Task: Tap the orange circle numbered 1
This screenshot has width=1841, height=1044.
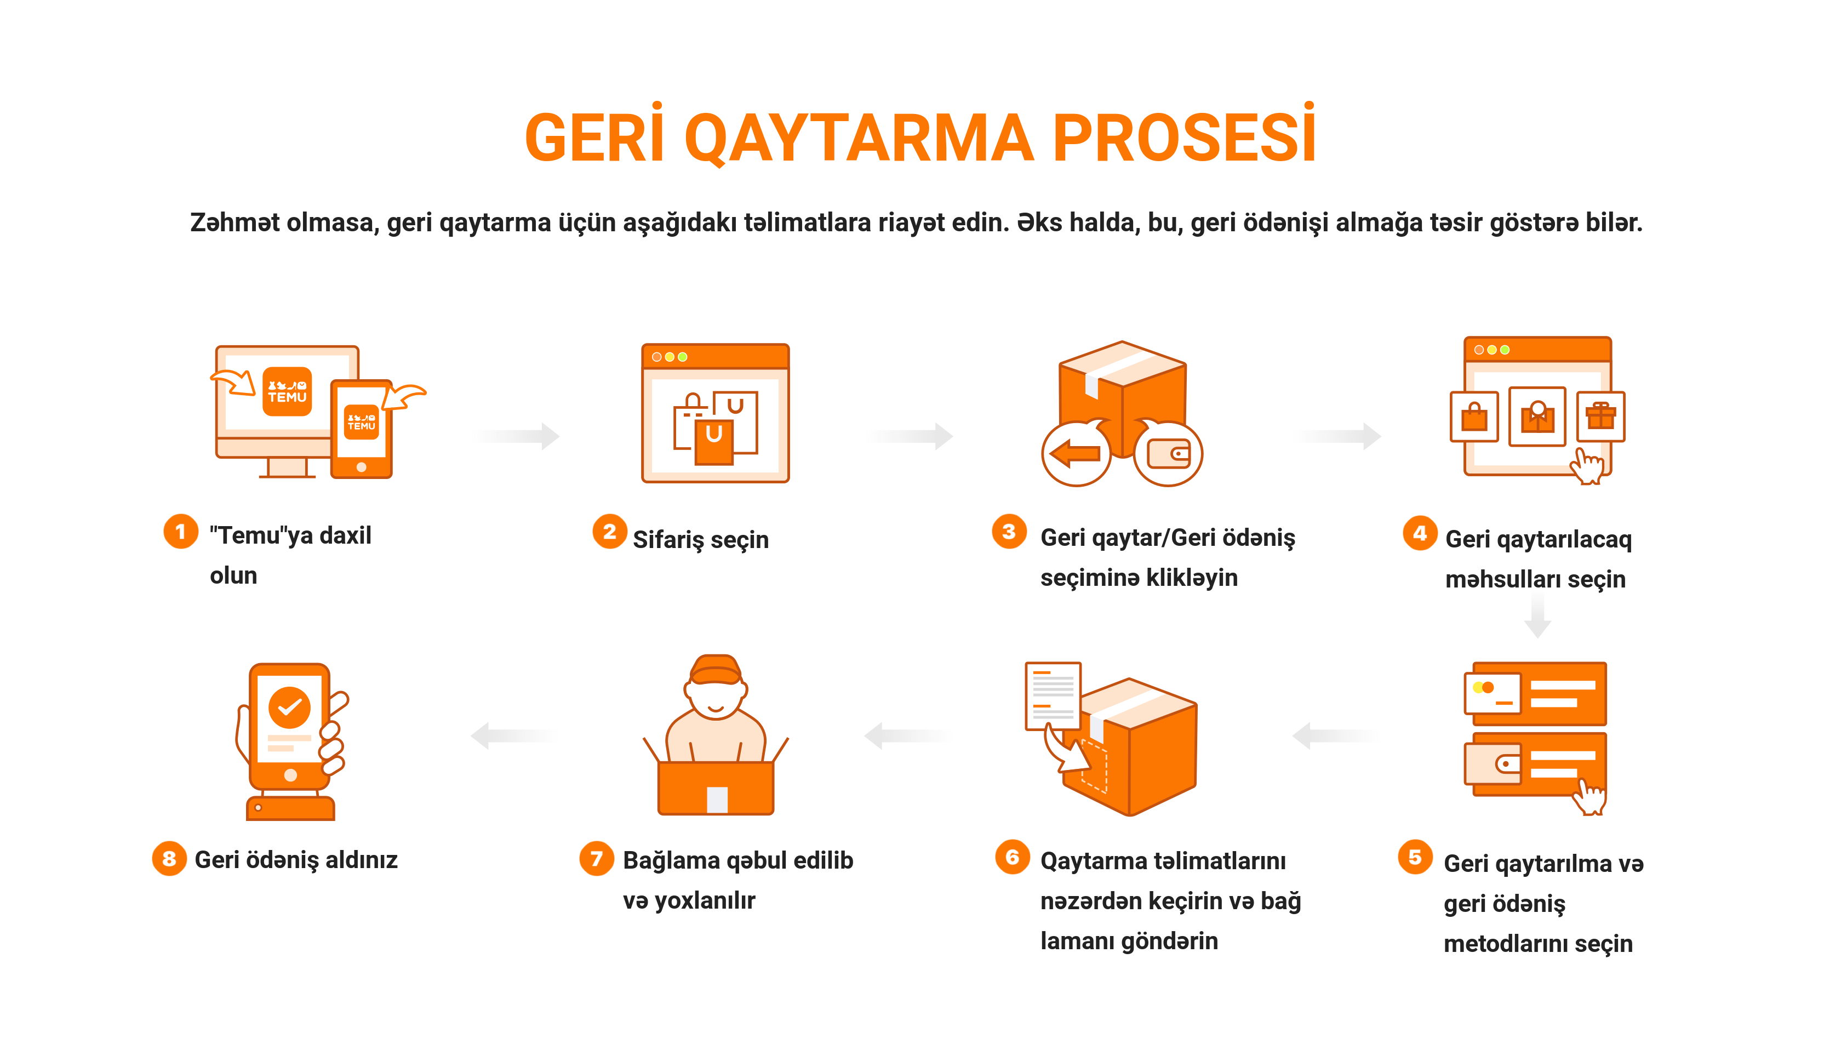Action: (x=181, y=532)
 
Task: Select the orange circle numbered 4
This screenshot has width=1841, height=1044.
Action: (x=1420, y=533)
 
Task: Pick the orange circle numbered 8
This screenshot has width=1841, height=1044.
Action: (x=169, y=858)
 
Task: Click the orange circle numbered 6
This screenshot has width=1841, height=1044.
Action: (x=1012, y=857)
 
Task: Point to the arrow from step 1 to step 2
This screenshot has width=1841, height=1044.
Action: (x=516, y=435)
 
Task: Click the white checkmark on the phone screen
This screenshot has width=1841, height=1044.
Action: (x=290, y=708)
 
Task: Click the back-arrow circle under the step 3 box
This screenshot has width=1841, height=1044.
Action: (x=1076, y=453)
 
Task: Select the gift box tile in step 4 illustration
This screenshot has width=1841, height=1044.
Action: (x=1601, y=416)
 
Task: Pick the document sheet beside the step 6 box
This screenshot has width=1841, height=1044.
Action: (x=1053, y=695)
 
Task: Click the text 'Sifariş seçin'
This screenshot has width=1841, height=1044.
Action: (x=700, y=539)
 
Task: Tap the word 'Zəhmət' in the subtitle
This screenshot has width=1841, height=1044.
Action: (x=235, y=223)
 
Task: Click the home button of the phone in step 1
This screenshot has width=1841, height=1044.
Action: (x=361, y=467)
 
